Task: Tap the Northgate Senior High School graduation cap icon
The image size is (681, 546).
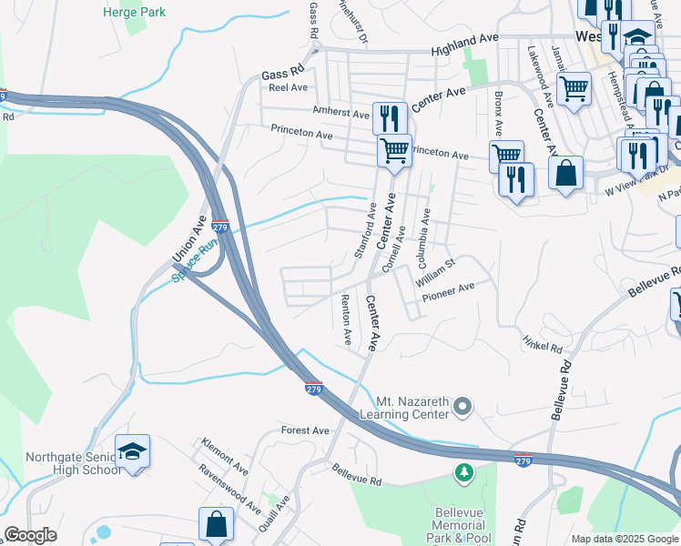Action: click(132, 450)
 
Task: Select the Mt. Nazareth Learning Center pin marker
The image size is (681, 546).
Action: click(462, 406)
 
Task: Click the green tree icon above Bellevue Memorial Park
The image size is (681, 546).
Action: click(464, 473)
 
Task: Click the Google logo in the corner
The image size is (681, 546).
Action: click(30, 535)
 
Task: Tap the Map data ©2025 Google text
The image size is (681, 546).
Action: click(625, 539)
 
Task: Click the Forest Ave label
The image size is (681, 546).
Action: click(305, 430)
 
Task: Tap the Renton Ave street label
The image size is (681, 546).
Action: click(346, 318)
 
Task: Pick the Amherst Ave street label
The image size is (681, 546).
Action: click(339, 109)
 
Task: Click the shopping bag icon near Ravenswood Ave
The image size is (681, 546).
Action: click(216, 524)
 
